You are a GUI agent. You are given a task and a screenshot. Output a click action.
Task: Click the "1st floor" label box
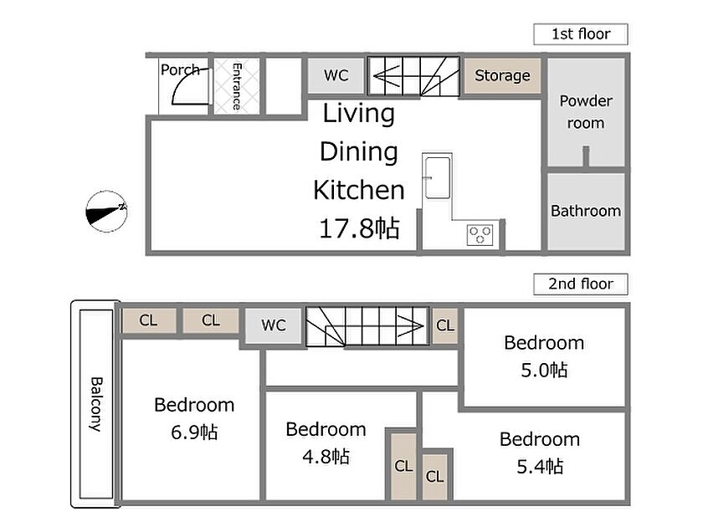point(581,34)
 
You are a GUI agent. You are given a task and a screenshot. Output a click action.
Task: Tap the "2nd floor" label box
point(581,284)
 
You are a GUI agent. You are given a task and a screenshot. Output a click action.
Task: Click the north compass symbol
point(107,212)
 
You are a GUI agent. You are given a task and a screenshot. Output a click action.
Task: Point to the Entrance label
point(237,86)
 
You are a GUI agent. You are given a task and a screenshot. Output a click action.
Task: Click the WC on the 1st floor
point(336,75)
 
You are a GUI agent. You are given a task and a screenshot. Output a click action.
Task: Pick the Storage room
point(502,76)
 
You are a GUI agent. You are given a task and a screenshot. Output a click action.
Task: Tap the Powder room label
point(586,112)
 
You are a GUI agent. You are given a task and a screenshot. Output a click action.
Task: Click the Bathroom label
point(586,211)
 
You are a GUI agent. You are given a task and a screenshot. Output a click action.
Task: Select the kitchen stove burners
point(480,235)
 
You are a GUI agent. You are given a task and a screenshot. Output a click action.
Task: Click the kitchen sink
point(438,177)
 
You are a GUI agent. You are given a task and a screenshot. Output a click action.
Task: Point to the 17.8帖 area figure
point(359,228)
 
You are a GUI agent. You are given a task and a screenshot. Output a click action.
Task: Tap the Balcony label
point(96,404)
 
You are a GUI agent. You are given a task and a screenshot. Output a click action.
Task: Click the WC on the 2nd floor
point(274,325)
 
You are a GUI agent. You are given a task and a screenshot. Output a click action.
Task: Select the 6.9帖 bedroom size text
point(194,432)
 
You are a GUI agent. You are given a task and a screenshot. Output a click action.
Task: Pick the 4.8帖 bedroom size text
point(326,457)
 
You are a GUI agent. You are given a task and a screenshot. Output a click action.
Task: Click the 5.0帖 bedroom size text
point(544,370)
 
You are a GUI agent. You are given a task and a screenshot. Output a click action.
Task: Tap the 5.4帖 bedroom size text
point(540,467)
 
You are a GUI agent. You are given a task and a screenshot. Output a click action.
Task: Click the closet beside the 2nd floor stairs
point(444,325)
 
